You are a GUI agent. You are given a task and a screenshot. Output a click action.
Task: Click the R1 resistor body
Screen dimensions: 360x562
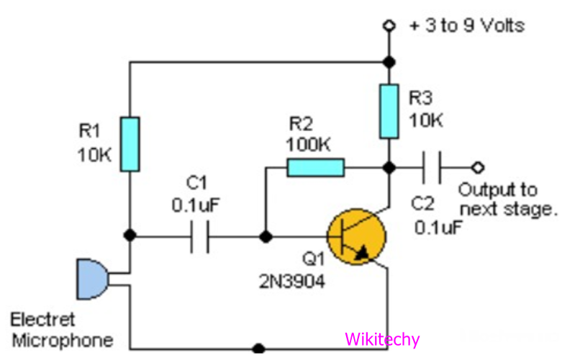[x=130, y=145]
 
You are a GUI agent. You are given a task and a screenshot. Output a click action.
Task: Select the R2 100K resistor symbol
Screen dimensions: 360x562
[x=315, y=168]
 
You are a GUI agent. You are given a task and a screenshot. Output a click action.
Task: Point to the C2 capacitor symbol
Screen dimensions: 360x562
[x=430, y=168]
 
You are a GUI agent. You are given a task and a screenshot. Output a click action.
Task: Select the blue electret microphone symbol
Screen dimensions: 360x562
[x=92, y=279]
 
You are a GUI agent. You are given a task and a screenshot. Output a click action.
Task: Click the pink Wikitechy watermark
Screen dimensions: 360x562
[x=381, y=339]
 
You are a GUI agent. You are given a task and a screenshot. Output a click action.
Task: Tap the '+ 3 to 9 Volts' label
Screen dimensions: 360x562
[x=466, y=26]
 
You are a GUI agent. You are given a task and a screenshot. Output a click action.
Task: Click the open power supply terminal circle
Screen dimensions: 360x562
[x=389, y=26]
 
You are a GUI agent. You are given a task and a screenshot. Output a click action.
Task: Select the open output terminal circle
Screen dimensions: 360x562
[x=476, y=168]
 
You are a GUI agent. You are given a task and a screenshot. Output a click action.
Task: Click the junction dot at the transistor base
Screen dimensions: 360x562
[x=266, y=235]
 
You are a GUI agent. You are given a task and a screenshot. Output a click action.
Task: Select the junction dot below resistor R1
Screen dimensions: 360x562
[x=130, y=235]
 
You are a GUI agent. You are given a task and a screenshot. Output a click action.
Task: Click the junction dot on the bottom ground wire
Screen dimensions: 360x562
[x=258, y=348]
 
